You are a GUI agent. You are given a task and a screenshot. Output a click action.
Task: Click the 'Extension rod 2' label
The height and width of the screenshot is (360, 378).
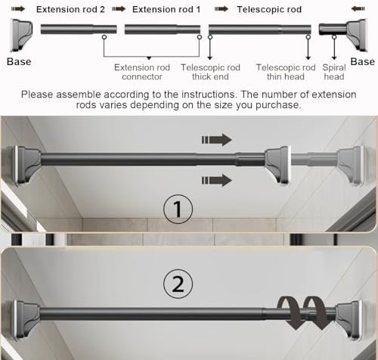[70, 10]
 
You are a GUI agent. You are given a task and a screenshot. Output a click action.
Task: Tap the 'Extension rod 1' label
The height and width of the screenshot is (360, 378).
[166, 10]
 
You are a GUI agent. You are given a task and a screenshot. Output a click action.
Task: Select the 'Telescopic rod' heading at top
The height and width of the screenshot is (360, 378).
[269, 10]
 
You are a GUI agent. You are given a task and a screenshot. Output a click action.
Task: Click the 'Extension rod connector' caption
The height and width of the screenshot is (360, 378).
[142, 72]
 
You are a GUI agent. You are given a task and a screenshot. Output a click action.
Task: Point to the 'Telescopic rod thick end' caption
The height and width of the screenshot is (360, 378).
[210, 72]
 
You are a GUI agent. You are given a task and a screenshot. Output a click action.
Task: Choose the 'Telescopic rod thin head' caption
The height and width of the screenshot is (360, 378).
[286, 72]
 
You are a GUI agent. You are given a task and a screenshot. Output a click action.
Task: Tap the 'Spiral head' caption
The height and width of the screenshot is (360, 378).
[334, 72]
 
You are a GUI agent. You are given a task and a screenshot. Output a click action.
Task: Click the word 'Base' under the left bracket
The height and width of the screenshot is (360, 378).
[19, 62]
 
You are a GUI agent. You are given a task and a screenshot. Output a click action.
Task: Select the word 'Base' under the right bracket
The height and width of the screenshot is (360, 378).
[362, 62]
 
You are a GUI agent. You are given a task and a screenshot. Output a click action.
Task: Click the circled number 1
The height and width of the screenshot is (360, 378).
[178, 209]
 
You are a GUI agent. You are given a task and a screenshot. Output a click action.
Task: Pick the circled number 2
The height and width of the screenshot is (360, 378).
[178, 284]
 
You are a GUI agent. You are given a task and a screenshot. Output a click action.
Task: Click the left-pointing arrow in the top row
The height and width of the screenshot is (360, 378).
[358, 9]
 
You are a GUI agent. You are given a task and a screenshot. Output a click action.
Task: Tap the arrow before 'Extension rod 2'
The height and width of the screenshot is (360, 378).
[18, 9]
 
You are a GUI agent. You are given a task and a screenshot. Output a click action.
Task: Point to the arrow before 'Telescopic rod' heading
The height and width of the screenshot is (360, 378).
[222, 9]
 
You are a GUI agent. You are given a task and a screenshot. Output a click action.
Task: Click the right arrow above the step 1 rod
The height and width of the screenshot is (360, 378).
[217, 140]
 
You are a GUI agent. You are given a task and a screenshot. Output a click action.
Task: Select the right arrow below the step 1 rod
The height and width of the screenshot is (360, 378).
[217, 181]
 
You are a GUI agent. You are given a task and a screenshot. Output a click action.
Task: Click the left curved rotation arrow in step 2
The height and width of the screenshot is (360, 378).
[289, 312]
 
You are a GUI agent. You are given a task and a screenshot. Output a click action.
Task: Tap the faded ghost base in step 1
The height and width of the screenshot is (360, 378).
[351, 165]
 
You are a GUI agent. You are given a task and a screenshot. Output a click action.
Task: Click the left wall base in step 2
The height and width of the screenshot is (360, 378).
[26, 320]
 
